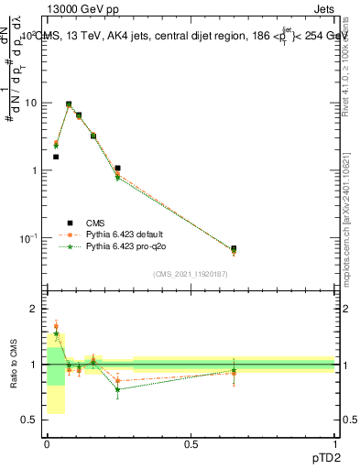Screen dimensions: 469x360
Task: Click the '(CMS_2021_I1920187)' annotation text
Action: pyautogui.click(x=191, y=273)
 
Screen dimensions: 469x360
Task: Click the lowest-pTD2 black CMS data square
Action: pyautogui.click(x=56, y=157)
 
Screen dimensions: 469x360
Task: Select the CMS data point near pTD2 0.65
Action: pyautogui.click(x=234, y=248)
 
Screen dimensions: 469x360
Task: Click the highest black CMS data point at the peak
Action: pyautogui.click(x=69, y=104)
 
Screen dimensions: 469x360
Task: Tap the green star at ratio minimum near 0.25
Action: pyautogui.click(x=117, y=389)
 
